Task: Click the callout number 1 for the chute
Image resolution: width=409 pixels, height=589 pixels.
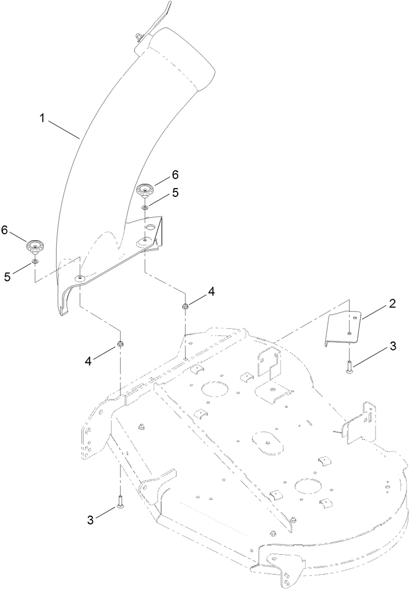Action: pos(41,118)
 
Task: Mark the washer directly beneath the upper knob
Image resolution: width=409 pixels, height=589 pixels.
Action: pos(145,207)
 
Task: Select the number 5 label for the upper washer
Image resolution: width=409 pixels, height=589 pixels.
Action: pos(176,193)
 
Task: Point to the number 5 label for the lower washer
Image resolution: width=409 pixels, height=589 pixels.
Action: pos(7,277)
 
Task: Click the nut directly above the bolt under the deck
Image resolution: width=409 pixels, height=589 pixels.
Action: pos(119,345)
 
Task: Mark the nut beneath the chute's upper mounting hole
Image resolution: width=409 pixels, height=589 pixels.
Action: pos(186,305)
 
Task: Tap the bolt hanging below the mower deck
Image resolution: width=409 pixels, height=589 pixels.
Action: pos(119,501)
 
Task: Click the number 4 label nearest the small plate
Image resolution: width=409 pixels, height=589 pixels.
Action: pos(211,291)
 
